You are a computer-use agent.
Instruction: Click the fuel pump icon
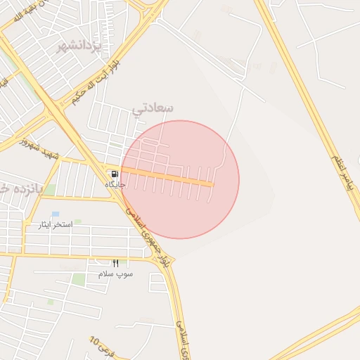114,174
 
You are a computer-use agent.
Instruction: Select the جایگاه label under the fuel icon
115,184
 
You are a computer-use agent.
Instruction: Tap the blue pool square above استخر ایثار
56,214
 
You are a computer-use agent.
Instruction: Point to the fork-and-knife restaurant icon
115,263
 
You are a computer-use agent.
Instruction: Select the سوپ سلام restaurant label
115,273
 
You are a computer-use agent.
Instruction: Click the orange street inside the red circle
169,176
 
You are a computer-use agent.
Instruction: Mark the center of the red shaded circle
181,179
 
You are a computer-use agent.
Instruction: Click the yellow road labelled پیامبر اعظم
309,105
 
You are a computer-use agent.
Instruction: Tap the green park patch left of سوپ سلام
79,279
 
